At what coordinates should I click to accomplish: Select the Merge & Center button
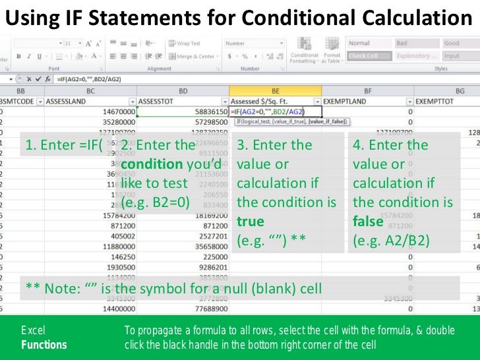tap(193, 56)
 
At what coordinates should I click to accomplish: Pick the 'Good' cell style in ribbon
tap(452, 44)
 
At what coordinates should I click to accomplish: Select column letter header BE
tap(274, 90)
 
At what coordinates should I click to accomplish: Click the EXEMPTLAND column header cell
tap(343, 101)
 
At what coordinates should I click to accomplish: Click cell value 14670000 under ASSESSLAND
tap(115, 112)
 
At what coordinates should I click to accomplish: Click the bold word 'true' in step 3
tap(250, 222)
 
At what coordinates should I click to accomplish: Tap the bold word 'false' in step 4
tap(368, 222)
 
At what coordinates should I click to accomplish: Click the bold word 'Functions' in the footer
tap(44, 344)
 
